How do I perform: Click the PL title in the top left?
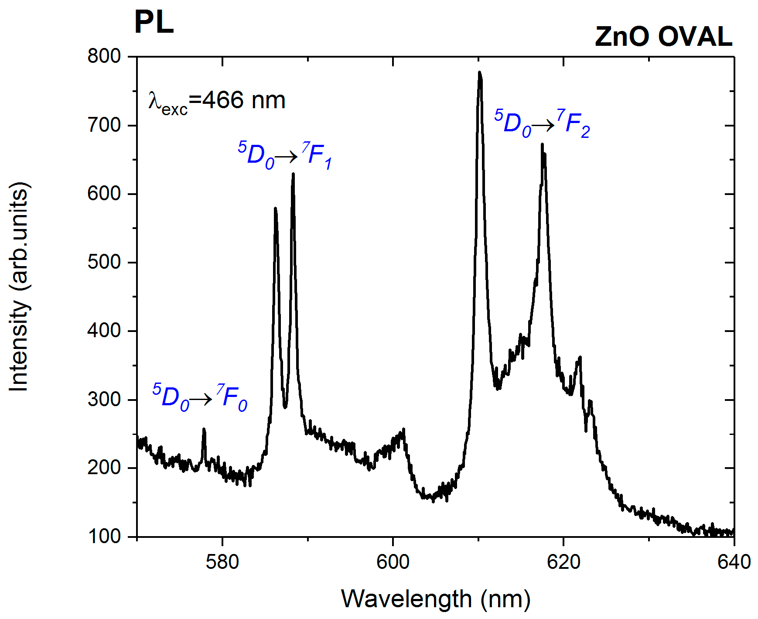click(154, 22)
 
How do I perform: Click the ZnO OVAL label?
click(663, 37)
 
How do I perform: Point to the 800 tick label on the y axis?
click(104, 56)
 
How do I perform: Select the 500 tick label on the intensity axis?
click(104, 262)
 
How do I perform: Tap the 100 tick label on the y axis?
click(104, 536)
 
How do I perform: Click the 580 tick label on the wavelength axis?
click(222, 562)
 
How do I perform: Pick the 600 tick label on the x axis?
click(393, 562)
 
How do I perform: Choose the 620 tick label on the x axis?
click(563, 562)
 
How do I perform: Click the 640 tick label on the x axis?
click(734, 562)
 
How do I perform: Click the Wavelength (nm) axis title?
click(435, 598)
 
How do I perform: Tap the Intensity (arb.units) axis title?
click(19, 287)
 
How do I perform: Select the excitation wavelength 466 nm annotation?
click(217, 101)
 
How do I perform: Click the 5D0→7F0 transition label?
click(199, 397)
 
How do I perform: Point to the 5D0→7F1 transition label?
click(285, 155)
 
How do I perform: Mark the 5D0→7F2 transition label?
click(542, 123)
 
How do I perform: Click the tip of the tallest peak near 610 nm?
click(479, 73)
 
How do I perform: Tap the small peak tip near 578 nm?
click(204, 430)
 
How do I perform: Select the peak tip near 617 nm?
click(542, 144)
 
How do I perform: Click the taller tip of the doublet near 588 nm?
click(293, 174)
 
